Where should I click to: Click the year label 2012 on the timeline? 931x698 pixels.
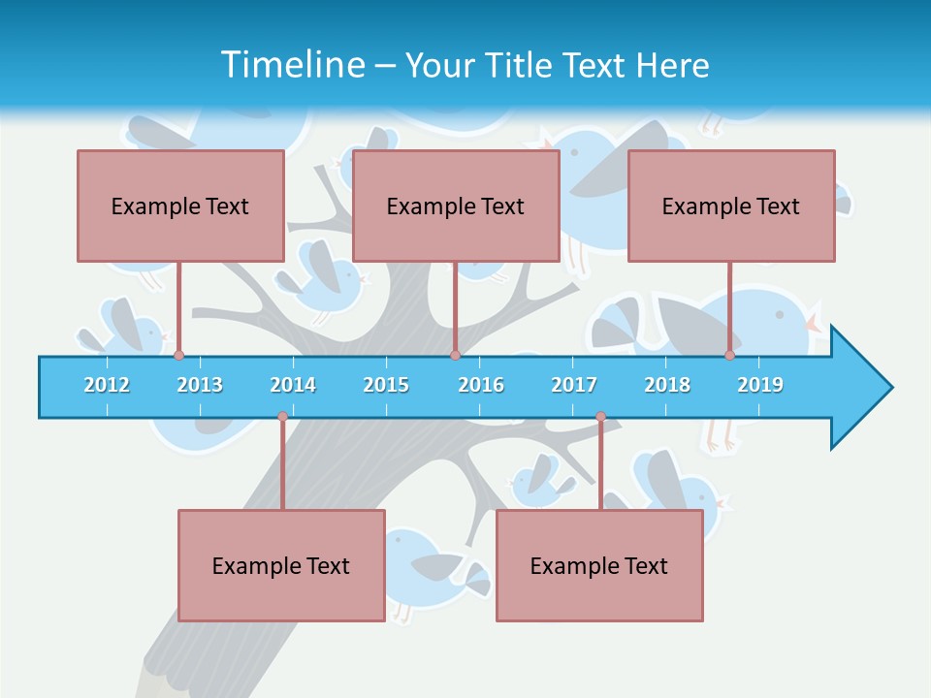click(x=107, y=385)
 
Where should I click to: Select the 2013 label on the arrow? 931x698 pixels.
click(x=200, y=385)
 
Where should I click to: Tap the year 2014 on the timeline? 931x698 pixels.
click(x=293, y=385)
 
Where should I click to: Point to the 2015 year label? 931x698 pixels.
click(x=386, y=385)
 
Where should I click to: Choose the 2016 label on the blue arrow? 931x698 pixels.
click(x=481, y=385)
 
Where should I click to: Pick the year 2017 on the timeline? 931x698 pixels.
click(x=574, y=385)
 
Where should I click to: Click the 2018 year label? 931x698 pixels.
click(x=667, y=385)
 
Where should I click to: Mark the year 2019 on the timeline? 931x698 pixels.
click(x=760, y=385)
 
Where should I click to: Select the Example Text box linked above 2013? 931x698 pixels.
click(x=180, y=206)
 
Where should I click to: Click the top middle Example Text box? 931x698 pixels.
click(x=456, y=206)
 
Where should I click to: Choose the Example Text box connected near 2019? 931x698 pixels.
click(x=731, y=206)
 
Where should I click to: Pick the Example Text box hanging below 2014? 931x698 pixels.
click(x=281, y=565)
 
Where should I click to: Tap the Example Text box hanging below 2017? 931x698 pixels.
click(x=599, y=565)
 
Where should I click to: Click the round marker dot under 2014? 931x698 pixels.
click(x=282, y=417)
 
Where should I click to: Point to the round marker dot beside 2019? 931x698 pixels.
click(x=730, y=355)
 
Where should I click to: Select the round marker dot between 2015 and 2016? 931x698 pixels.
click(x=455, y=355)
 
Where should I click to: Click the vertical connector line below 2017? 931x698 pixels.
click(x=600, y=465)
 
